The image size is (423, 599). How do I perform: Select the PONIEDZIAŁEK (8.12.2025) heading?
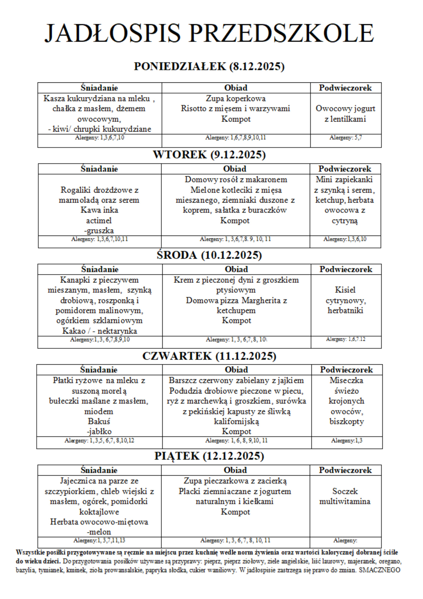[209, 66]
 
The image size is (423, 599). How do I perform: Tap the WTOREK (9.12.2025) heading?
[209, 155]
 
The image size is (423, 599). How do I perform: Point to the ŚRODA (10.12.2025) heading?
[209, 255]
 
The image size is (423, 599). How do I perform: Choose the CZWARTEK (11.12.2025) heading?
[209, 356]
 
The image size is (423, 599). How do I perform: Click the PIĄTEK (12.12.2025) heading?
[209, 456]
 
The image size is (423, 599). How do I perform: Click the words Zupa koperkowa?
[236, 99]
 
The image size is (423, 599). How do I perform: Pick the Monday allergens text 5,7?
[358, 138]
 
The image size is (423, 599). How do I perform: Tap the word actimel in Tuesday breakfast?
[99, 221]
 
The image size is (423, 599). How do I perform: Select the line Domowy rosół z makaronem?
[236, 179]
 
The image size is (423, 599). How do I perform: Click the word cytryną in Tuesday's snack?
[345, 221]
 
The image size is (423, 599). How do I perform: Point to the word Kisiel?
[345, 290]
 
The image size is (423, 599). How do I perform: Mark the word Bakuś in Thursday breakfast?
[99, 421]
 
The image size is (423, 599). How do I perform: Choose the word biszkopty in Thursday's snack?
[346, 421]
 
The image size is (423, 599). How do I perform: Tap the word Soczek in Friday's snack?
[345, 491]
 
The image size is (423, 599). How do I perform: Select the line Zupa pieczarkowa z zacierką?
[235, 481]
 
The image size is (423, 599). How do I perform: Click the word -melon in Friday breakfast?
[99, 532]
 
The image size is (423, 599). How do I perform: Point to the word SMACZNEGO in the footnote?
[379, 570]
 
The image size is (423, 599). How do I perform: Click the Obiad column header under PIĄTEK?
[235, 470]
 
